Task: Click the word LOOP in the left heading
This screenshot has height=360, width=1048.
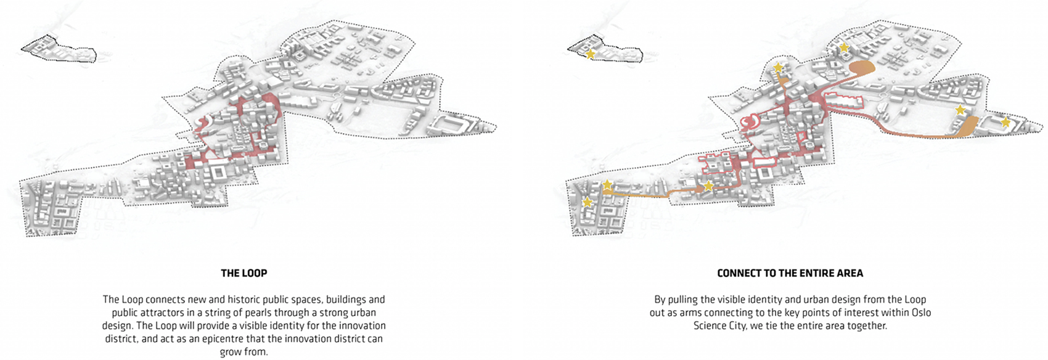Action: tap(255, 273)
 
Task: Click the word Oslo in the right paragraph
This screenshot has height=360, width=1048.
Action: tap(920, 313)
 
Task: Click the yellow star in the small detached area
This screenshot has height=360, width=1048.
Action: tap(591, 55)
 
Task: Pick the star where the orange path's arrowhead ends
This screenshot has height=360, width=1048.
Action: tap(708, 186)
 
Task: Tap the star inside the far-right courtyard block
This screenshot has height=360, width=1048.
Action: tap(1005, 122)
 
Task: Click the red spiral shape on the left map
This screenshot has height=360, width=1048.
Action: tap(205, 124)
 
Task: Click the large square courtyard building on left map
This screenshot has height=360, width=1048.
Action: tap(218, 173)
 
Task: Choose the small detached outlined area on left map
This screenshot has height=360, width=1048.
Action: tap(59, 49)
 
